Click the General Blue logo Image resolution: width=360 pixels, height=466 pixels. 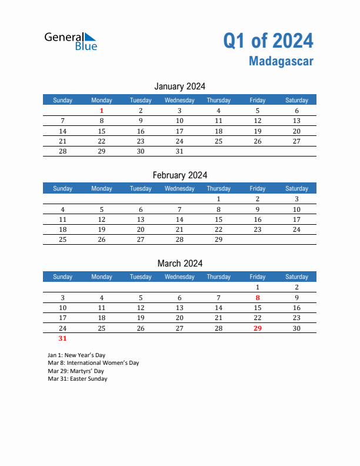(x=71, y=41)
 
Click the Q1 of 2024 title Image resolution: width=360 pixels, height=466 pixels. (x=268, y=41)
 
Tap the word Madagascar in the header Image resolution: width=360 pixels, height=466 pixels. (x=281, y=61)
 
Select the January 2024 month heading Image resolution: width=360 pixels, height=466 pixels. (x=180, y=86)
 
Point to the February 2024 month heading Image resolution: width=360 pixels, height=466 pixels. (x=180, y=175)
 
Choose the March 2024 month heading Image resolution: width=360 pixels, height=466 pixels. (x=180, y=263)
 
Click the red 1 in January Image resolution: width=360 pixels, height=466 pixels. (x=102, y=111)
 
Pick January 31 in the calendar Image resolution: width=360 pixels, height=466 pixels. (x=179, y=151)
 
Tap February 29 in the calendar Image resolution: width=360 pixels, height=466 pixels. (x=218, y=239)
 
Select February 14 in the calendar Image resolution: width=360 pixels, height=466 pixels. (x=179, y=219)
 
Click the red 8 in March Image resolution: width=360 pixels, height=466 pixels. (x=257, y=298)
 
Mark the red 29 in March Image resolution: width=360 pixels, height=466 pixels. (x=257, y=328)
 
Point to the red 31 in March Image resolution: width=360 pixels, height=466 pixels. (x=63, y=338)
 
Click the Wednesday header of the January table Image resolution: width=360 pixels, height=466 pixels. (x=179, y=100)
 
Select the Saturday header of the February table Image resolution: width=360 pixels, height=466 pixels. (x=296, y=188)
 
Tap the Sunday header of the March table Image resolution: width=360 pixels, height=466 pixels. (x=63, y=277)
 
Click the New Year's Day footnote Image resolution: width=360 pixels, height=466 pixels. (x=77, y=355)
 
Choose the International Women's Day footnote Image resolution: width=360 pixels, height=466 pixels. (x=94, y=363)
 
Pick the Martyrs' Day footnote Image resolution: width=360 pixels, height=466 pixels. (x=76, y=371)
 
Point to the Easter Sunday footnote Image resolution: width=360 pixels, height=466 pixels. (x=78, y=379)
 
